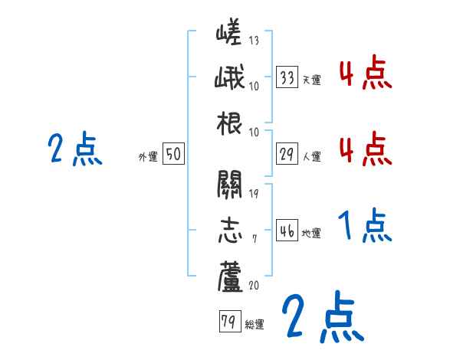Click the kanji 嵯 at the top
[x=229, y=34]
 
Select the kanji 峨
[x=229, y=79]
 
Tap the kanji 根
[x=229, y=123]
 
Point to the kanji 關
[x=229, y=185]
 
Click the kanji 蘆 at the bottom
[x=229, y=276]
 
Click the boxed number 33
[x=287, y=78]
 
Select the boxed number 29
[x=287, y=154]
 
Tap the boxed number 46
[x=287, y=231]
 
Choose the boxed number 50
[x=173, y=155]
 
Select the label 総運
[x=254, y=325]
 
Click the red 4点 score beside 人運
[x=363, y=148]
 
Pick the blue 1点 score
[x=363, y=226]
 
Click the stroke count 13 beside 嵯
[x=254, y=41]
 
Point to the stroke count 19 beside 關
[x=254, y=192]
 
